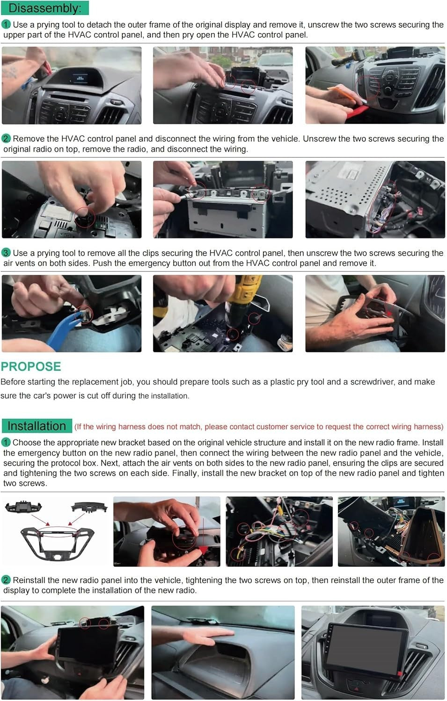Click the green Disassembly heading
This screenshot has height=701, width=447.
(45, 8)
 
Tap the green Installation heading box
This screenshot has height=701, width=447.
(37, 426)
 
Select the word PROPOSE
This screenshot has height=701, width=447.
(31, 366)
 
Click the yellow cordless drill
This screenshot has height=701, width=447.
(242, 300)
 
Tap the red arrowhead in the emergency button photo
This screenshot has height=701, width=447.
(389, 313)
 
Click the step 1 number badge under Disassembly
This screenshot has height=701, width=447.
(6, 24)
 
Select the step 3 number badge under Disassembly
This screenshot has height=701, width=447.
(6, 252)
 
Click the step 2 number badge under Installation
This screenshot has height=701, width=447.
(6, 580)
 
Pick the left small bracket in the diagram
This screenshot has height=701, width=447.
(23, 507)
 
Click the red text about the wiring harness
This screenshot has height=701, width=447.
(259, 427)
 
